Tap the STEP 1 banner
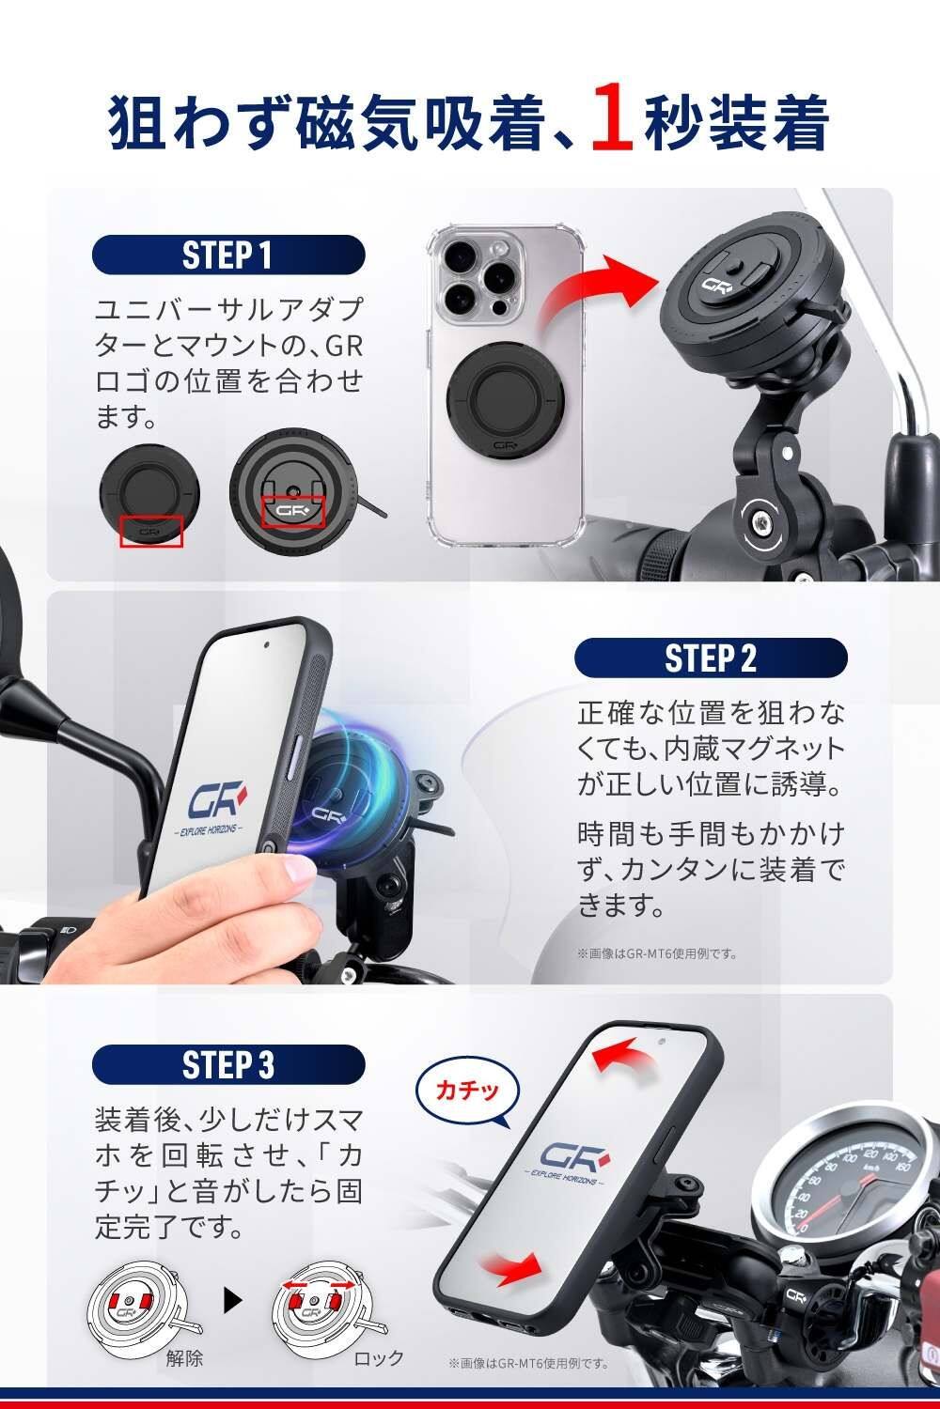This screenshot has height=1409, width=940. click(227, 255)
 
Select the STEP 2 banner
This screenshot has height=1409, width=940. click(711, 658)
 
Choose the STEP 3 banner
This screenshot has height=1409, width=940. click(227, 1065)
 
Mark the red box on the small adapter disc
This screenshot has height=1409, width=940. click(151, 532)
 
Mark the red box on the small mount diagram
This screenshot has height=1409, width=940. click(293, 511)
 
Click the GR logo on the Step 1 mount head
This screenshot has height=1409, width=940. click(716, 285)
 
